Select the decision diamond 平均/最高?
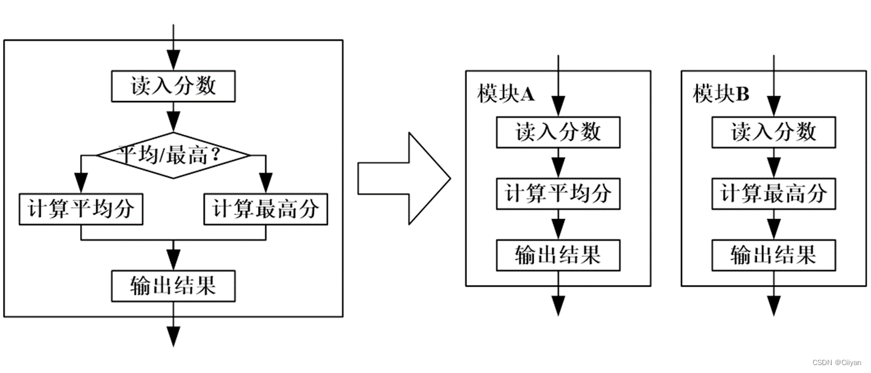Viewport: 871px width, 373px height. pos(173,155)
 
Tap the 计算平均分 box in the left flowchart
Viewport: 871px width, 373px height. pos(81,209)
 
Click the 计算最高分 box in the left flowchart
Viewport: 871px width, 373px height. pos(266,209)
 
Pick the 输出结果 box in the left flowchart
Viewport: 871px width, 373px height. pos(173,286)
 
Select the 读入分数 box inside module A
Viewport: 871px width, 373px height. pos(558,132)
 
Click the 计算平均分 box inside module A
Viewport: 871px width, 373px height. pos(558,193)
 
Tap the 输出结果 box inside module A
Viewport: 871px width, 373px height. pos(558,254)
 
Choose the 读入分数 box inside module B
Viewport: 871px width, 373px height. pos(774,132)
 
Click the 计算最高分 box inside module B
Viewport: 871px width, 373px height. pos(774,193)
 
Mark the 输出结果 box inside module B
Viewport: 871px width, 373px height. pos(774,254)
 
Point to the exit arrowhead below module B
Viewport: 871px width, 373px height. pos(774,305)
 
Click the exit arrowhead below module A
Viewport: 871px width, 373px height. pos(558,305)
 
